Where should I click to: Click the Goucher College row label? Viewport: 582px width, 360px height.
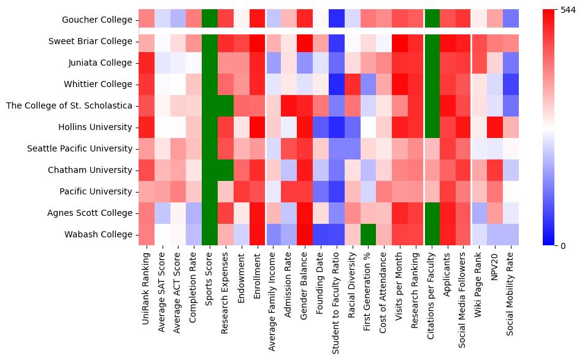(x=98, y=20)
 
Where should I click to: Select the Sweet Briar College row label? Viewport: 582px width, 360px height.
(x=90, y=41)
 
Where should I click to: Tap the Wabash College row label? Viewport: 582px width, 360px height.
(x=98, y=234)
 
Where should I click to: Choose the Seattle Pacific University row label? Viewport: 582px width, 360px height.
(x=80, y=148)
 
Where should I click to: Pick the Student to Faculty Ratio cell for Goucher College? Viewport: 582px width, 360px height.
(x=337, y=20)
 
